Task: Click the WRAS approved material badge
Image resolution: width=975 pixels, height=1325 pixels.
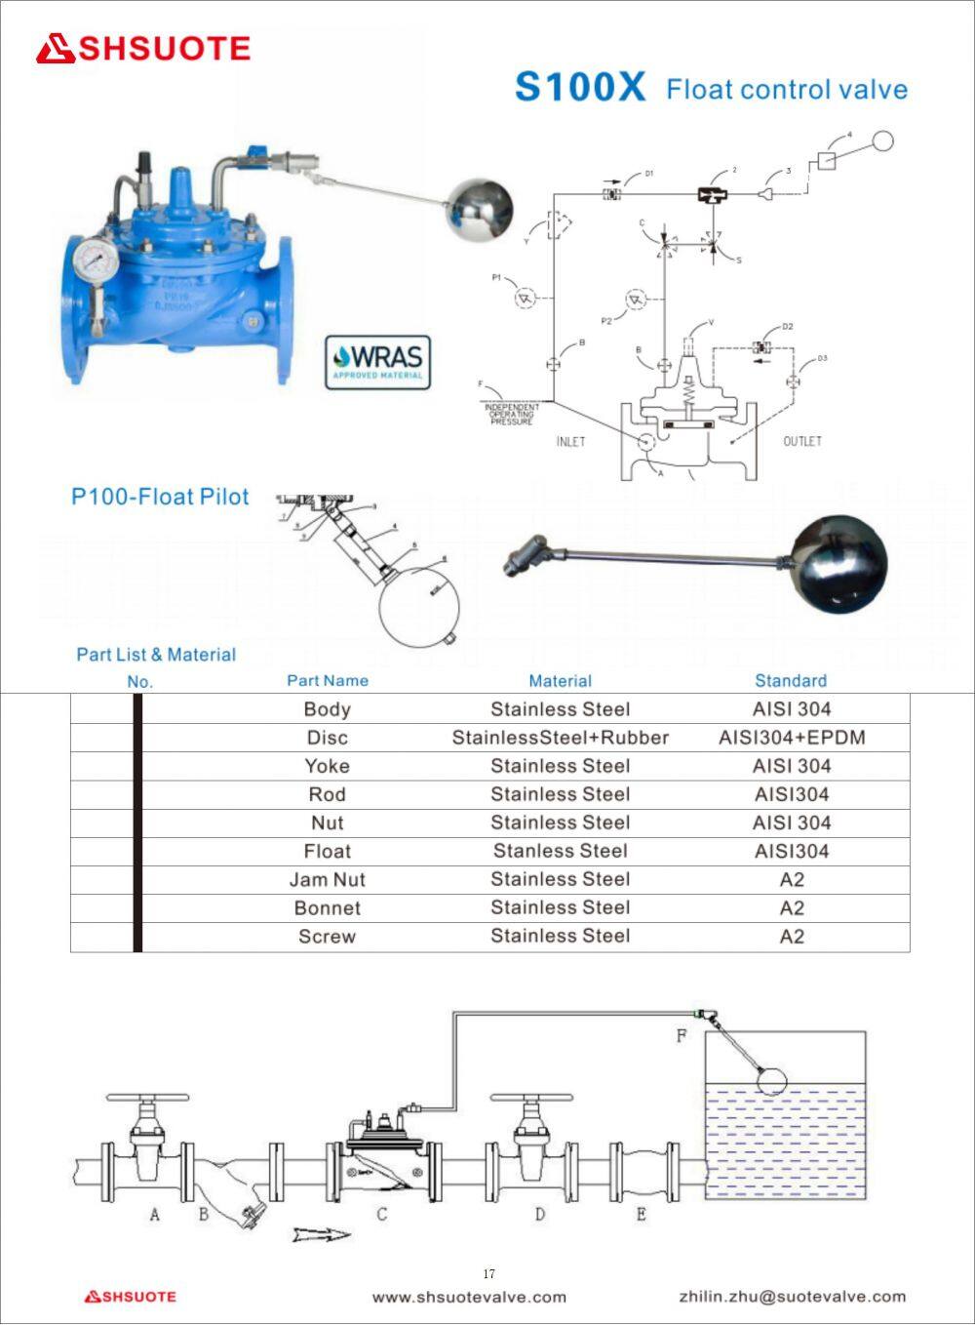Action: (377, 362)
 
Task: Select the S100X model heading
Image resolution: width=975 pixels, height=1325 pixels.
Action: (579, 88)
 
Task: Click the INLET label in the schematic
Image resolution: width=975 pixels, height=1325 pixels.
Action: (570, 442)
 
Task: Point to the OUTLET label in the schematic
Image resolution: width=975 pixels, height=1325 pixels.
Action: (802, 442)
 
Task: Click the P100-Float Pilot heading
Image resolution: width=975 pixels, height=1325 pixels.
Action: (160, 497)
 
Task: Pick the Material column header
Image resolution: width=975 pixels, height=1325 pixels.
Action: (560, 681)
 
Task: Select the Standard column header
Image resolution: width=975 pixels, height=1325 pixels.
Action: (791, 681)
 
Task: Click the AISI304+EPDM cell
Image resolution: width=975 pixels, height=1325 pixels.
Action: (792, 738)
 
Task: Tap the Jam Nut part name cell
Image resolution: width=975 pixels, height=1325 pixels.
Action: (327, 880)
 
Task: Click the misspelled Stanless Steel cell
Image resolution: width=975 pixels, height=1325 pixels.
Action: (560, 852)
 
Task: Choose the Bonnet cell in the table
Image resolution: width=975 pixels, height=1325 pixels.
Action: (327, 908)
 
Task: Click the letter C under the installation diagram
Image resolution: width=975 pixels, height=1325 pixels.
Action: (382, 1215)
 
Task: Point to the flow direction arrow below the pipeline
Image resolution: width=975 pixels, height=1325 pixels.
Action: (322, 1235)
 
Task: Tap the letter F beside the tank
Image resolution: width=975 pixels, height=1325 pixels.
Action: (682, 1036)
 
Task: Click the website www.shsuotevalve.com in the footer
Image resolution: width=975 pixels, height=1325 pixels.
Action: (469, 1297)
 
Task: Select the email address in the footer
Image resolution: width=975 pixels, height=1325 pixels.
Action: (792, 1297)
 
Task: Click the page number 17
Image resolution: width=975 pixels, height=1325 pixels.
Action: (488, 1274)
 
